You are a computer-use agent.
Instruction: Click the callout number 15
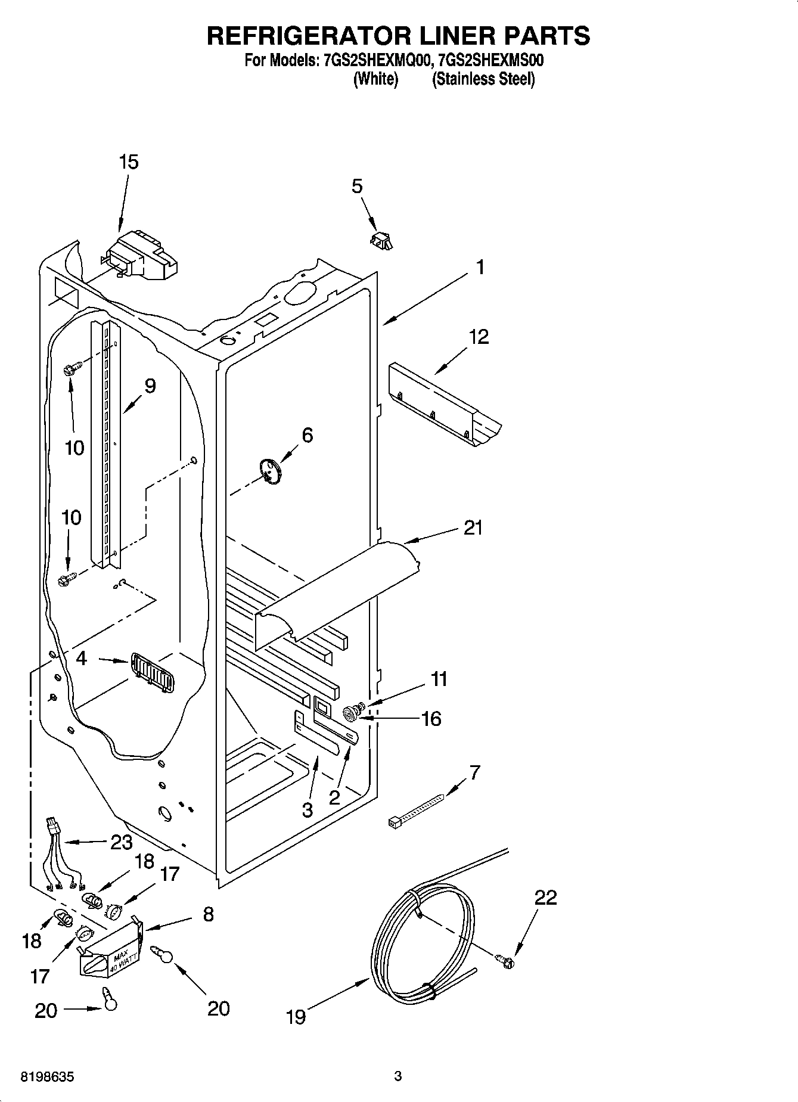tap(129, 162)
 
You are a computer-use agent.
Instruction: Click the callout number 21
tap(473, 527)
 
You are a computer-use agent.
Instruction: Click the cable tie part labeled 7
tap(416, 811)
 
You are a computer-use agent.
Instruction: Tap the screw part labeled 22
tap(505, 959)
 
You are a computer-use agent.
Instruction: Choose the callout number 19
tap(296, 1016)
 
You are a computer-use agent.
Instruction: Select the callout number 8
tap(208, 914)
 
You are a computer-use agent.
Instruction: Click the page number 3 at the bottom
tap(398, 1076)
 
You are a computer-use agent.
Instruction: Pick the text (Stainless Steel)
tap(483, 79)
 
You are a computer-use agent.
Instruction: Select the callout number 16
tap(431, 718)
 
